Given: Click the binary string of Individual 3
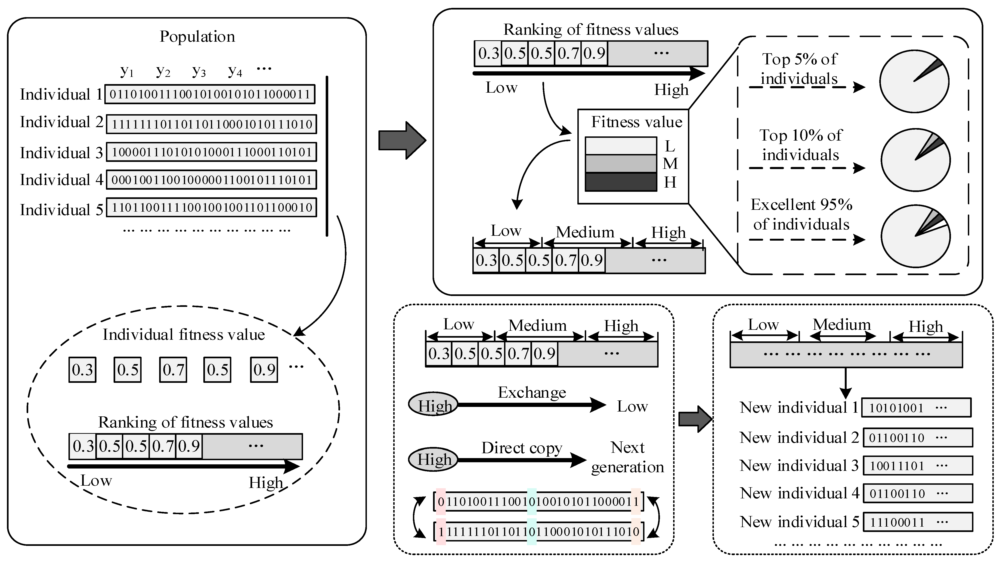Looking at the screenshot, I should pos(212,152).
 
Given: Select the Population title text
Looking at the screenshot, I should pos(197,37).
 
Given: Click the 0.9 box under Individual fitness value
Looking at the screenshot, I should pos(264,370).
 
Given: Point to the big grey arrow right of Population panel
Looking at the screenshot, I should pos(402,140).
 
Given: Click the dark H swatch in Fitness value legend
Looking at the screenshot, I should pos(620,182).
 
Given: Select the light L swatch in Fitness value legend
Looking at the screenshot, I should pos(620,146).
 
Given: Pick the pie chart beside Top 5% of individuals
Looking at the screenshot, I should pos(914,82).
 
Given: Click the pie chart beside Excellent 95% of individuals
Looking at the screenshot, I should pos(915,236).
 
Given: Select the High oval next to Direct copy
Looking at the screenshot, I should pos(433,460).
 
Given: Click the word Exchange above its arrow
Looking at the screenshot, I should pos(532,392).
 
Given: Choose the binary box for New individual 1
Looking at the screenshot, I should pos(916,408).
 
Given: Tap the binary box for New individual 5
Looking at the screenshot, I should pos(918,522).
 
